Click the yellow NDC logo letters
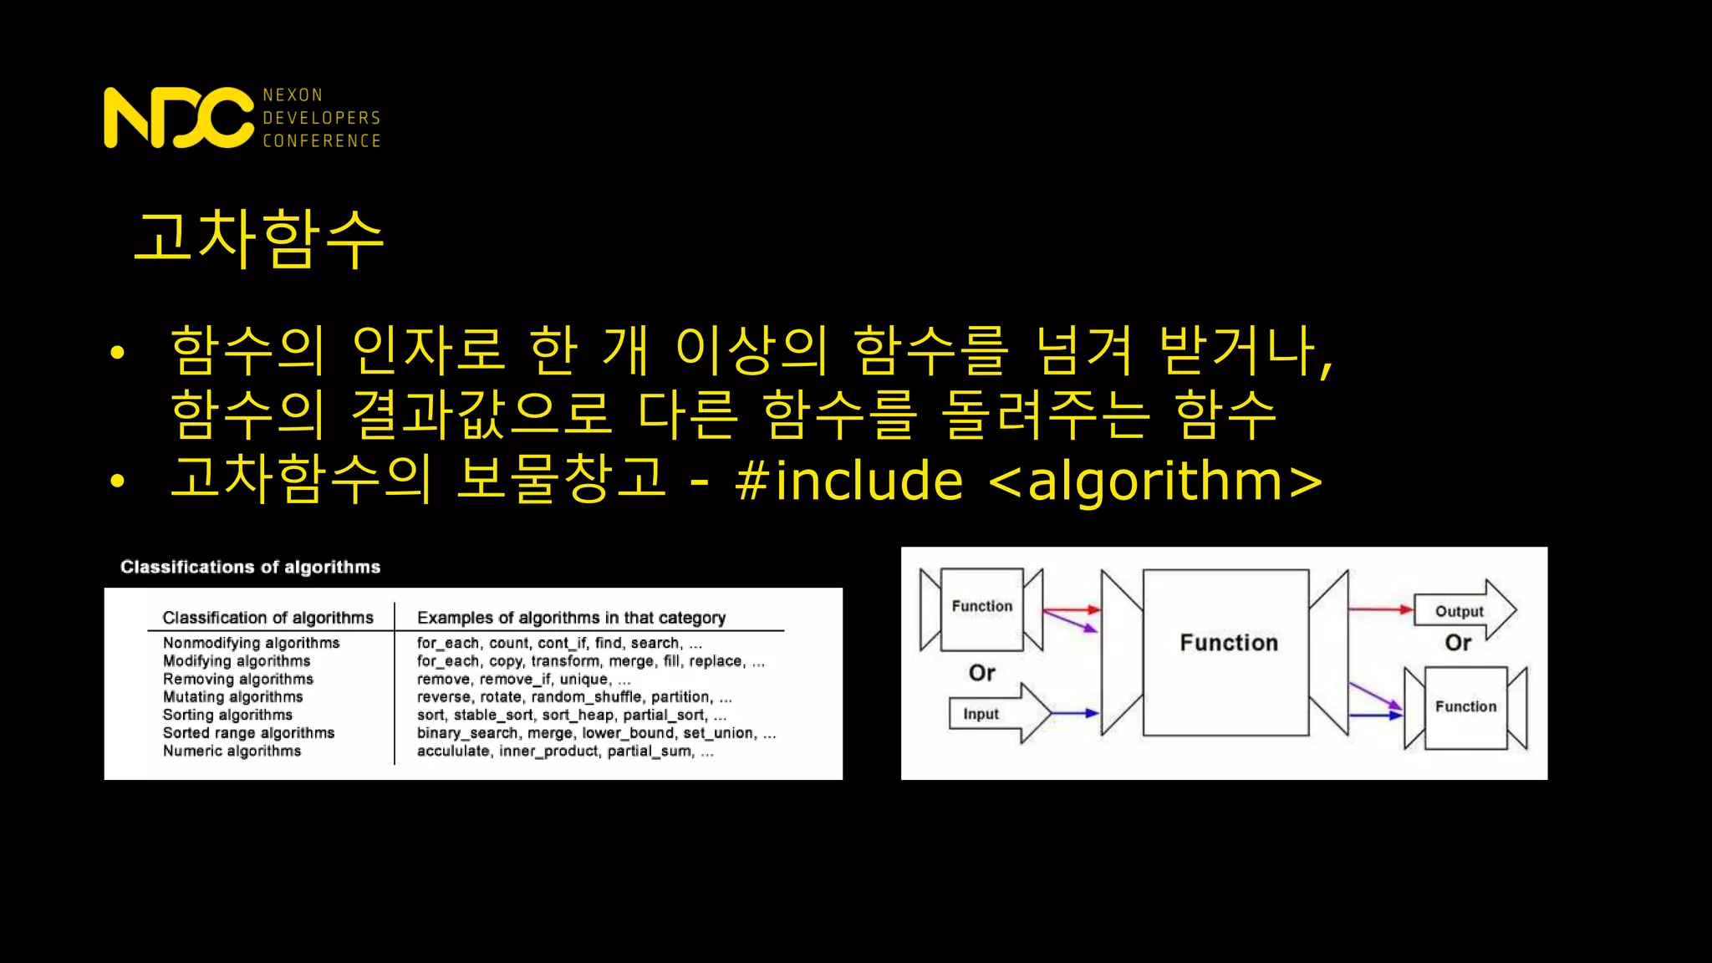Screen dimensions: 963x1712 [178, 118]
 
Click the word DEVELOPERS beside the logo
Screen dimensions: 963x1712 [322, 118]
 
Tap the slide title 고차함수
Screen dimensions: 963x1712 [259, 239]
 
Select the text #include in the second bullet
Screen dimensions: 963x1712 [848, 481]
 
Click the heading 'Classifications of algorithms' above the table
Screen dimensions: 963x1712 [250, 567]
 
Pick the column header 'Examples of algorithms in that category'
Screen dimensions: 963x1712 [571, 618]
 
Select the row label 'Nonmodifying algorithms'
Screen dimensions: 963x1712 [251, 643]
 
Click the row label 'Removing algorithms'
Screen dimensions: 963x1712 [237, 679]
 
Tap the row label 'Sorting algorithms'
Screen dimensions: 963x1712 [227, 715]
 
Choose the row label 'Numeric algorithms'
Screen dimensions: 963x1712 [232, 751]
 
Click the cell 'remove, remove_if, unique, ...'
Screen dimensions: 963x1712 [523, 679]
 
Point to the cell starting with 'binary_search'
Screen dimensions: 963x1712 [596, 733]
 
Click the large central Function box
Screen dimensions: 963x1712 [1226, 652]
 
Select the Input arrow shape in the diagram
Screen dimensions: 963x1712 [995, 714]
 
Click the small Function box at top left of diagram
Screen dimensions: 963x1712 [981, 608]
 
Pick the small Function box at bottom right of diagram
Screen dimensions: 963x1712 [1465, 707]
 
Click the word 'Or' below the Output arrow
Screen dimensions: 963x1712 [1458, 643]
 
